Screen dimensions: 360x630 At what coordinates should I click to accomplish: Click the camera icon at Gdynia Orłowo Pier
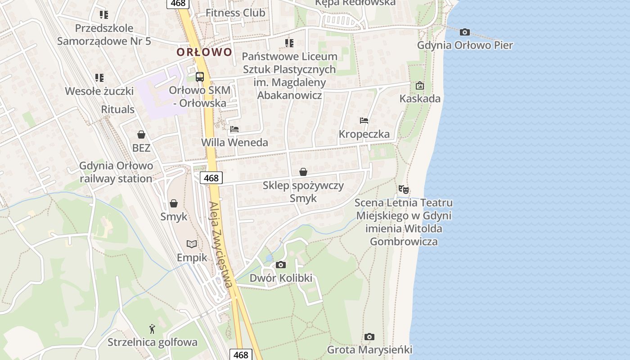(465, 32)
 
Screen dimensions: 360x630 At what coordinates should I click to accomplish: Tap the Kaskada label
(420, 99)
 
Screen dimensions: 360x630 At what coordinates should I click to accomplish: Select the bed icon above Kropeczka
(364, 121)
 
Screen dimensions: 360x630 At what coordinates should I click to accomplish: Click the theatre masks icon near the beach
(404, 189)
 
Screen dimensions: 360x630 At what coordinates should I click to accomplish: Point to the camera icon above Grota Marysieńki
(369, 337)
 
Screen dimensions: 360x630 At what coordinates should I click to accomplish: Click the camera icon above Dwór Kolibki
(281, 265)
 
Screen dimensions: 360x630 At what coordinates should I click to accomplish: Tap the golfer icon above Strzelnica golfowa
(152, 329)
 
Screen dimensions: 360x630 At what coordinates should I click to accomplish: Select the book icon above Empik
(192, 244)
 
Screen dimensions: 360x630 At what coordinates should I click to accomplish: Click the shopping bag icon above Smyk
(174, 203)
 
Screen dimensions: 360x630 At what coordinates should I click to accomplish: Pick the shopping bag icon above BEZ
(141, 135)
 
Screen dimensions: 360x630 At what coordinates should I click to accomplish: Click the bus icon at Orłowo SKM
(200, 76)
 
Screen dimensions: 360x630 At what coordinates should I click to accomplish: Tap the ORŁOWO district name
(204, 52)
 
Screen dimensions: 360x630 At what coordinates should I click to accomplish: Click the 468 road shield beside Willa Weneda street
(211, 178)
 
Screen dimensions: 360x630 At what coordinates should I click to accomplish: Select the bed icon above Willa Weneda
(234, 129)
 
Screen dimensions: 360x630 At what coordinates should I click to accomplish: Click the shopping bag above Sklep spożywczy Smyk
(303, 172)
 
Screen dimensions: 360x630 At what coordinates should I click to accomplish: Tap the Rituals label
(117, 109)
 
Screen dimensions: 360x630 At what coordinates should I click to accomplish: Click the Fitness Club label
(235, 13)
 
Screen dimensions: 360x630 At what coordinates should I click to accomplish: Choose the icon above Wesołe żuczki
(99, 77)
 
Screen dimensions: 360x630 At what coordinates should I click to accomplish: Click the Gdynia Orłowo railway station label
(116, 172)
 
